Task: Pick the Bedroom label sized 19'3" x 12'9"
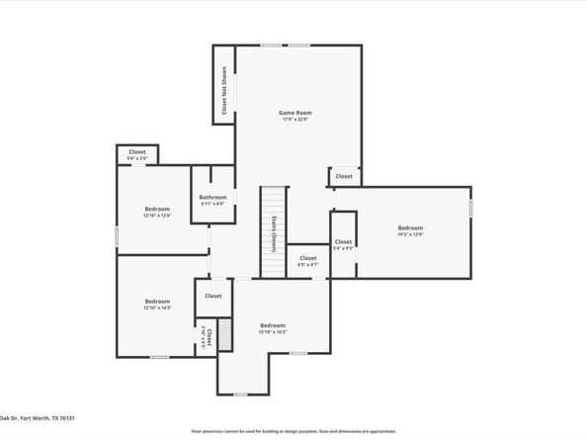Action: pyautogui.click(x=410, y=227)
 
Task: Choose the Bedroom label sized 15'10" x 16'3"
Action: pyautogui.click(x=273, y=325)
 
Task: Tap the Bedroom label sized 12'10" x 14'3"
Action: pyautogui.click(x=157, y=302)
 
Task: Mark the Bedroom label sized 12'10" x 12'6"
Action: pyautogui.click(x=157, y=209)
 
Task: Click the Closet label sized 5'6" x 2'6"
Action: pyautogui.click(x=137, y=152)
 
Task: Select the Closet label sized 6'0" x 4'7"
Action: pyautogui.click(x=308, y=258)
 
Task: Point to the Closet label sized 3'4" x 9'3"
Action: pyautogui.click(x=343, y=241)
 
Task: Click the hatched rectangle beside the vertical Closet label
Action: pyautogui.click(x=224, y=334)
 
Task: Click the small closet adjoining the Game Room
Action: pyautogui.click(x=344, y=177)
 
